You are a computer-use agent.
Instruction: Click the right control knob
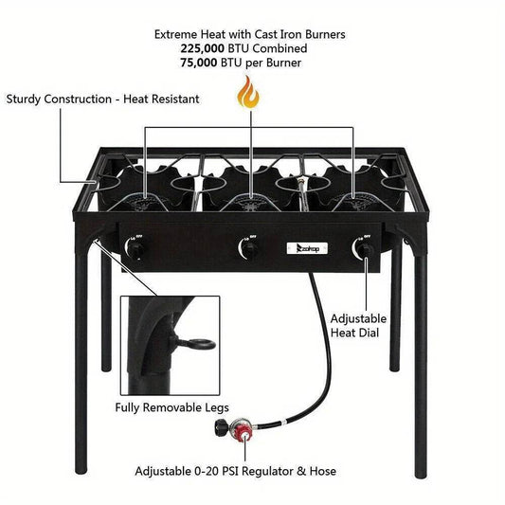click(360, 249)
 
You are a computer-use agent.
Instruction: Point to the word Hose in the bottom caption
click(321, 471)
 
